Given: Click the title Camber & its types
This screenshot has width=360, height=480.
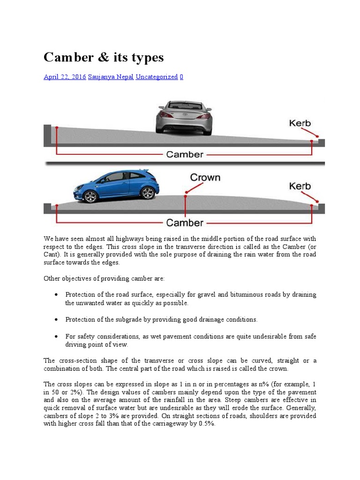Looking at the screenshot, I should [104, 57].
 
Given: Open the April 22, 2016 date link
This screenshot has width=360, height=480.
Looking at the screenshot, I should [65, 76].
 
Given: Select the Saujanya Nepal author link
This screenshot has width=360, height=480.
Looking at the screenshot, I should [111, 76].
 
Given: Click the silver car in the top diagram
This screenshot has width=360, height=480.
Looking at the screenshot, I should [184, 118].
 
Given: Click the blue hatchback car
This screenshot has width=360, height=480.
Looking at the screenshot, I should [116, 186].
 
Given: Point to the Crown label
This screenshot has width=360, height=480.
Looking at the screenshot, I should [205, 178].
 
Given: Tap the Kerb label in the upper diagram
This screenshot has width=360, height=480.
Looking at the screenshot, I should [300, 124].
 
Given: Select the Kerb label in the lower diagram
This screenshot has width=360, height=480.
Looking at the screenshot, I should [300, 186].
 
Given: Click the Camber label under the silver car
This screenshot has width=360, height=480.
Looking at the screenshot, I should [185, 154].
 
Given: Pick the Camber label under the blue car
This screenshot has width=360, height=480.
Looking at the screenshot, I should [185, 223].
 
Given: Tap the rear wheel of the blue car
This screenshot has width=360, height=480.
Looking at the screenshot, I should [147, 192].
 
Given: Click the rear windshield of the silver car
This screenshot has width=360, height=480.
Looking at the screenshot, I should [184, 106].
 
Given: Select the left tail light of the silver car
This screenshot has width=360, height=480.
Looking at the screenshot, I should [165, 114].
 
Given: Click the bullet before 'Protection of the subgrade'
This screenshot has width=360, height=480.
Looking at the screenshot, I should [56, 319].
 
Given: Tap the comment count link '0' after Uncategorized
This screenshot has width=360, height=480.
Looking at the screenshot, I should [181, 76].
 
